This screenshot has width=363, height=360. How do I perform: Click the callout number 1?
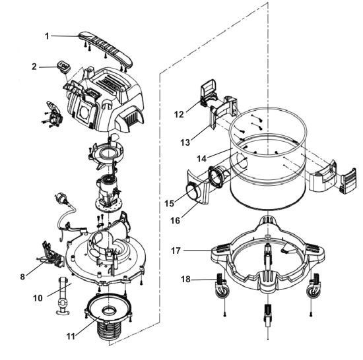pos(47,36)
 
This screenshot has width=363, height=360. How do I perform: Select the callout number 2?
pos(34,67)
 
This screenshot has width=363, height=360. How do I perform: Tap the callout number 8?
pos(22,276)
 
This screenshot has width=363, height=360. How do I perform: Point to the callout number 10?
pos(38,298)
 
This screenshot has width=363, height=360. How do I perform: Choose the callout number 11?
pos(71,336)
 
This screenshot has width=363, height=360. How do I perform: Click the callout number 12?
pos(179,115)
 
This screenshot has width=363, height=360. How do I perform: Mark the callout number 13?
pos(185,142)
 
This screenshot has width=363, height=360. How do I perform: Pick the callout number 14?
pos(201,159)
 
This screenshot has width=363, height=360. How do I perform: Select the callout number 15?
pos(169,204)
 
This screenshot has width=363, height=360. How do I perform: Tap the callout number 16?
pos(176,221)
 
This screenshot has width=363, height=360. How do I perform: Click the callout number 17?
pos(176,251)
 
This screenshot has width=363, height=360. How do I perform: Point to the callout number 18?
pos(185,280)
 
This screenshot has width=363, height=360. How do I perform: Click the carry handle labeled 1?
pos(106,48)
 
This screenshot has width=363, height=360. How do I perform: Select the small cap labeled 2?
pos(63,65)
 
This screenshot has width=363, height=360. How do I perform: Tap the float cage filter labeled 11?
pos(108,316)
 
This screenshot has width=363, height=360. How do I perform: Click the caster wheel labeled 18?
pos(222,286)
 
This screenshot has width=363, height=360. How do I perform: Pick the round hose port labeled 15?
pos(193,192)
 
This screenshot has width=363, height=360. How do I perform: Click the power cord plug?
pos(61,198)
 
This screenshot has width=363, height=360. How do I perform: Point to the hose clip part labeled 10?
pos(63,296)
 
